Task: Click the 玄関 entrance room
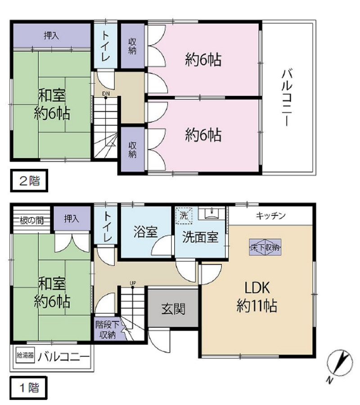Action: click(x=173, y=309)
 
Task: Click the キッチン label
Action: click(x=270, y=215)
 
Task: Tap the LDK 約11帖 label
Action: click(x=256, y=297)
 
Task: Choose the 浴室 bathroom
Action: click(x=145, y=232)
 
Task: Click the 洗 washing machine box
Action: click(x=183, y=214)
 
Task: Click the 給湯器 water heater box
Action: click(x=25, y=355)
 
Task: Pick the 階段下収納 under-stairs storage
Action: click(x=107, y=329)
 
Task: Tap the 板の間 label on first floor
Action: click(x=31, y=220)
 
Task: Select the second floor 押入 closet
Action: click(x=51, y=35)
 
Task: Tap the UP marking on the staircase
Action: click(x=133, y=283)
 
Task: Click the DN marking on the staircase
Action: click(x=106, y=94)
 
